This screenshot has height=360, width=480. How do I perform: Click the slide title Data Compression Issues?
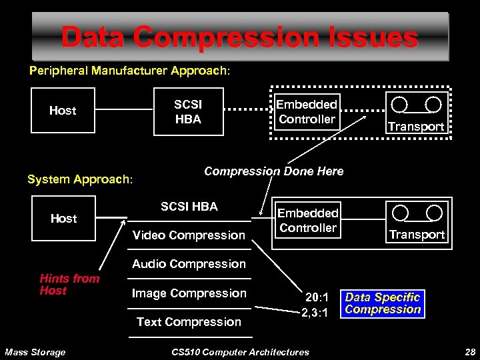(x=239, y=37)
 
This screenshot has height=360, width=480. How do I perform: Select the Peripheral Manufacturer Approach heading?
(x=129, y=70)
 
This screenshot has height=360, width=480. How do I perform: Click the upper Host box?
(x=63, y=111)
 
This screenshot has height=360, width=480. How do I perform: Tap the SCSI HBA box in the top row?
(x=188, y=112)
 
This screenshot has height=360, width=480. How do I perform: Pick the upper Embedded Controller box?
(x=307, y=112)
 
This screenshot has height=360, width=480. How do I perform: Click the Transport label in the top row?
(x=416, y=126)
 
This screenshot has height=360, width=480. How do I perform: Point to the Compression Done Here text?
(x=273, y=171)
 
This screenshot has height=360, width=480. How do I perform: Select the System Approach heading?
(x=80, y=179)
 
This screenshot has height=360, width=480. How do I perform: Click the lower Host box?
(x=63, y=219)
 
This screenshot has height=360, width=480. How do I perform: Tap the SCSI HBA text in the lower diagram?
(x=189, y=207)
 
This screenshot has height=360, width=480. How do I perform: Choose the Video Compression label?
(x=189, y=235)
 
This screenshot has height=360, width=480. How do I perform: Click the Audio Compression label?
(x=189, y=264)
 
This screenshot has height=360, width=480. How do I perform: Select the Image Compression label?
(x=189, y=293)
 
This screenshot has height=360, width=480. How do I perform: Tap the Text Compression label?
(x=189, y=322)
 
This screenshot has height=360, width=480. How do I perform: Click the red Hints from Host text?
(x=69, y=285)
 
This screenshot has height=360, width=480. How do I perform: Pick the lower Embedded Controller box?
(x=307, y=221)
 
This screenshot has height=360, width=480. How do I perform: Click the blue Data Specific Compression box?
(x=383, y=303)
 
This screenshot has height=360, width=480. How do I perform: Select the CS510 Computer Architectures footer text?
(x=240, y=352)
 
